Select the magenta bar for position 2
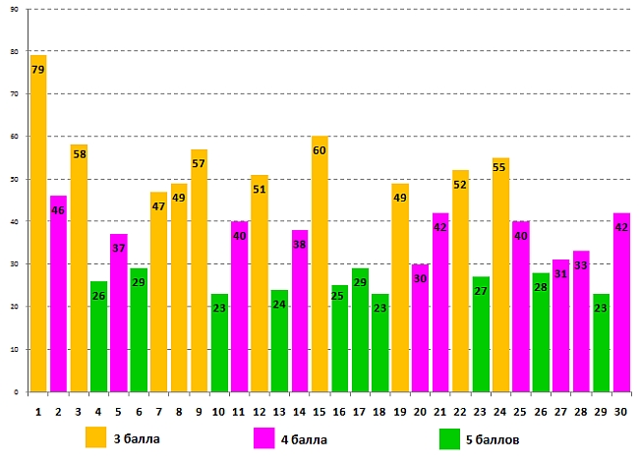tap(58, 294)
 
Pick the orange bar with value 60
tap(319, 264)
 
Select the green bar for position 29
tap(601, 343)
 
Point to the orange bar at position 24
tap(500, 275)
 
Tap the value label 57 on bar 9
tap(199, 164)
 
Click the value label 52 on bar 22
tap(460, 186)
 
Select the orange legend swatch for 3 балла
tap(96, 436)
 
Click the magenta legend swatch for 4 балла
tap(264, 436)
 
